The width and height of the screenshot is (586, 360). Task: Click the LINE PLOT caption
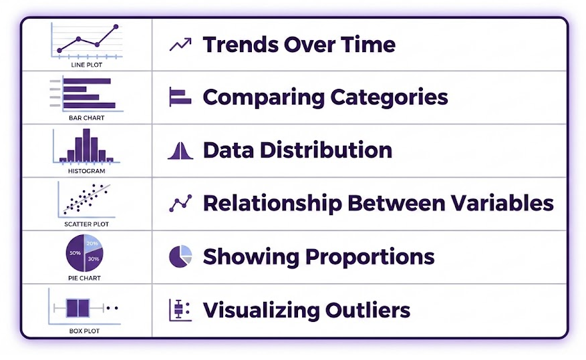(86, 65)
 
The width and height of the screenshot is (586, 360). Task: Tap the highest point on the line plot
(116, 27)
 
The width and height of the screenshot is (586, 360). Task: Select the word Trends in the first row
(241, 45)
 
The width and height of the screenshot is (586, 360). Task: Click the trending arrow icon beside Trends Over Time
(180, 45)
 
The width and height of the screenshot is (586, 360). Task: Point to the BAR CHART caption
(86, 118)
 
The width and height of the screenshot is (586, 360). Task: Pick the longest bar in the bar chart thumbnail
(90, 106)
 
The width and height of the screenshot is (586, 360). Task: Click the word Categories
(389, 98)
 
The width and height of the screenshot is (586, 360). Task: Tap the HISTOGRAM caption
(86, 171)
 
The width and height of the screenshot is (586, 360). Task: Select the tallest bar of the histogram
(86, 145)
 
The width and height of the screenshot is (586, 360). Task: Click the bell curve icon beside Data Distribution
(180, 151)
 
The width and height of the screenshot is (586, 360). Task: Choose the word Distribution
(326, 150)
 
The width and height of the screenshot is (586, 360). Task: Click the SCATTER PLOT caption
(86, 224)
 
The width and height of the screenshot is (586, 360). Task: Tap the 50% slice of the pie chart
(75, 254)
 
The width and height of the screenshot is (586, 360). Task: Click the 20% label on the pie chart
(92, 244)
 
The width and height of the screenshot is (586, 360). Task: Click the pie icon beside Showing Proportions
(180, 256)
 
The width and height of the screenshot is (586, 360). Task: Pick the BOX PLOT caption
(84, 331)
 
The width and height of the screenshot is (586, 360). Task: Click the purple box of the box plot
(78, 308)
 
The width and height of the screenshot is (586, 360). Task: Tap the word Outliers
(368, 310)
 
